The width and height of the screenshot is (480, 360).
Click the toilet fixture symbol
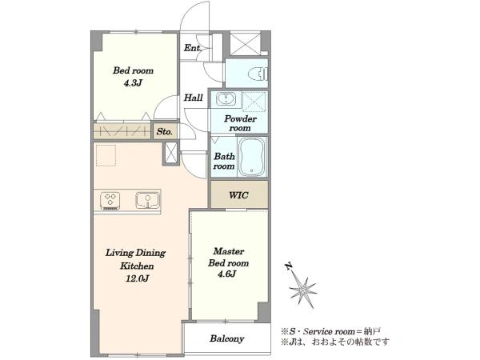258,74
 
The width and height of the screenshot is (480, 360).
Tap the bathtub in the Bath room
252,157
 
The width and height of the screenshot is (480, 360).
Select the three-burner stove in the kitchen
110,201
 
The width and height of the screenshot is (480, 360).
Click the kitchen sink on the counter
147,200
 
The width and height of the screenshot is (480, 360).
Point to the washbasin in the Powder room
226,99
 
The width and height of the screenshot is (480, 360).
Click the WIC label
238,195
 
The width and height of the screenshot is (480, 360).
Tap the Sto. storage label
164,132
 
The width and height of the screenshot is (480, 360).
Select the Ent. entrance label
193,48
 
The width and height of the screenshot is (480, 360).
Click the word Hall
193,98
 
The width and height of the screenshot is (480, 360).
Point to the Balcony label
227,338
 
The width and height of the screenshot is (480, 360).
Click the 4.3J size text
133,83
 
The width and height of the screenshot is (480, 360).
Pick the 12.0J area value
137,278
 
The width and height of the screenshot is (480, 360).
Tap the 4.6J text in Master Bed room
227,274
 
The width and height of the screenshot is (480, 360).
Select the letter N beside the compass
288,266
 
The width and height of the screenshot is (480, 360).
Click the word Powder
240,118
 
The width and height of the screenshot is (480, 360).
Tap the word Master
229,251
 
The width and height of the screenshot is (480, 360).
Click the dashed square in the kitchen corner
106,155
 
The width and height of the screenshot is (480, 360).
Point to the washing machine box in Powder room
254,102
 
